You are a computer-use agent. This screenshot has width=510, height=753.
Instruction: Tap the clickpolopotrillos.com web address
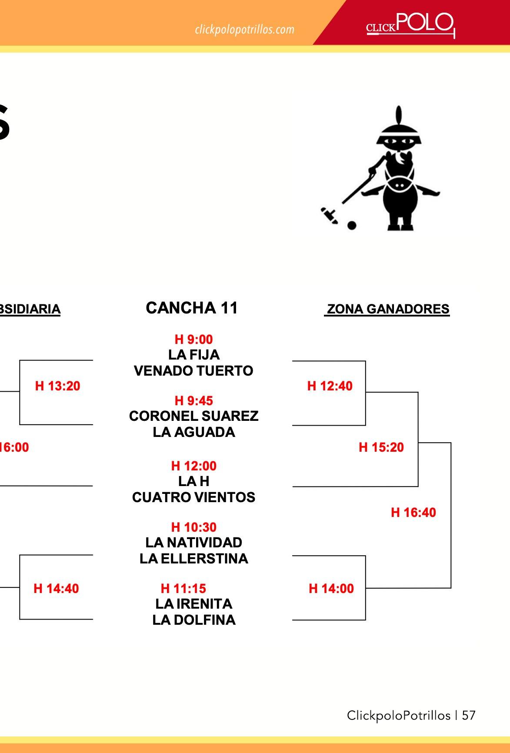[x=244, y=30]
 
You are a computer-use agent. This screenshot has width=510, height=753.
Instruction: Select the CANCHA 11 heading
[x=192, y=308]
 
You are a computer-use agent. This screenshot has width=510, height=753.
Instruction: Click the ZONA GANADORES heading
[x=387, y=309]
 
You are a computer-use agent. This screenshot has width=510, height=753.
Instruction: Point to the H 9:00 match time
[x=193, y=339]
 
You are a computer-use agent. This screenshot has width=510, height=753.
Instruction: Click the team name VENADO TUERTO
[x=193, y=371]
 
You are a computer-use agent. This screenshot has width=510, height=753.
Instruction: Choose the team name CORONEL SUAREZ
[x=193, y=416]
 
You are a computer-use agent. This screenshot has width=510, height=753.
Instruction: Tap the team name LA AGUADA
[x=193, y=432]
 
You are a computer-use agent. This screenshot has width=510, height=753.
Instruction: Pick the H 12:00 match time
[x=193, y=466]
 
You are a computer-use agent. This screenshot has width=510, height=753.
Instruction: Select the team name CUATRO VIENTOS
[x=193, y=497]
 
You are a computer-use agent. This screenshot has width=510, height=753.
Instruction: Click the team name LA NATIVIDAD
[x=193, y=543]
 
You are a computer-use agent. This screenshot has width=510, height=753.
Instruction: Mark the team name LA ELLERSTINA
[x=193, y=559]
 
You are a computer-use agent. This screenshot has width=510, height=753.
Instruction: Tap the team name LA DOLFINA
[x=193, y=620]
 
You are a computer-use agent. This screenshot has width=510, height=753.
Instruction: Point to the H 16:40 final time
[x=413, y=513]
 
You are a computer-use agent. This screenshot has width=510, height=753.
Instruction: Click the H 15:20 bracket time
[x=381, y=447]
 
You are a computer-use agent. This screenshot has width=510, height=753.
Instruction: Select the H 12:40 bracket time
[x=330, y=386]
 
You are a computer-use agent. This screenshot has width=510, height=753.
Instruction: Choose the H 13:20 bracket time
[x=57, y=386]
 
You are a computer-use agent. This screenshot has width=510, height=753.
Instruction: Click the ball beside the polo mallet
[x=352, y=225]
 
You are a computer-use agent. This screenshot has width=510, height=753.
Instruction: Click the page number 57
[x=469, y=716]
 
